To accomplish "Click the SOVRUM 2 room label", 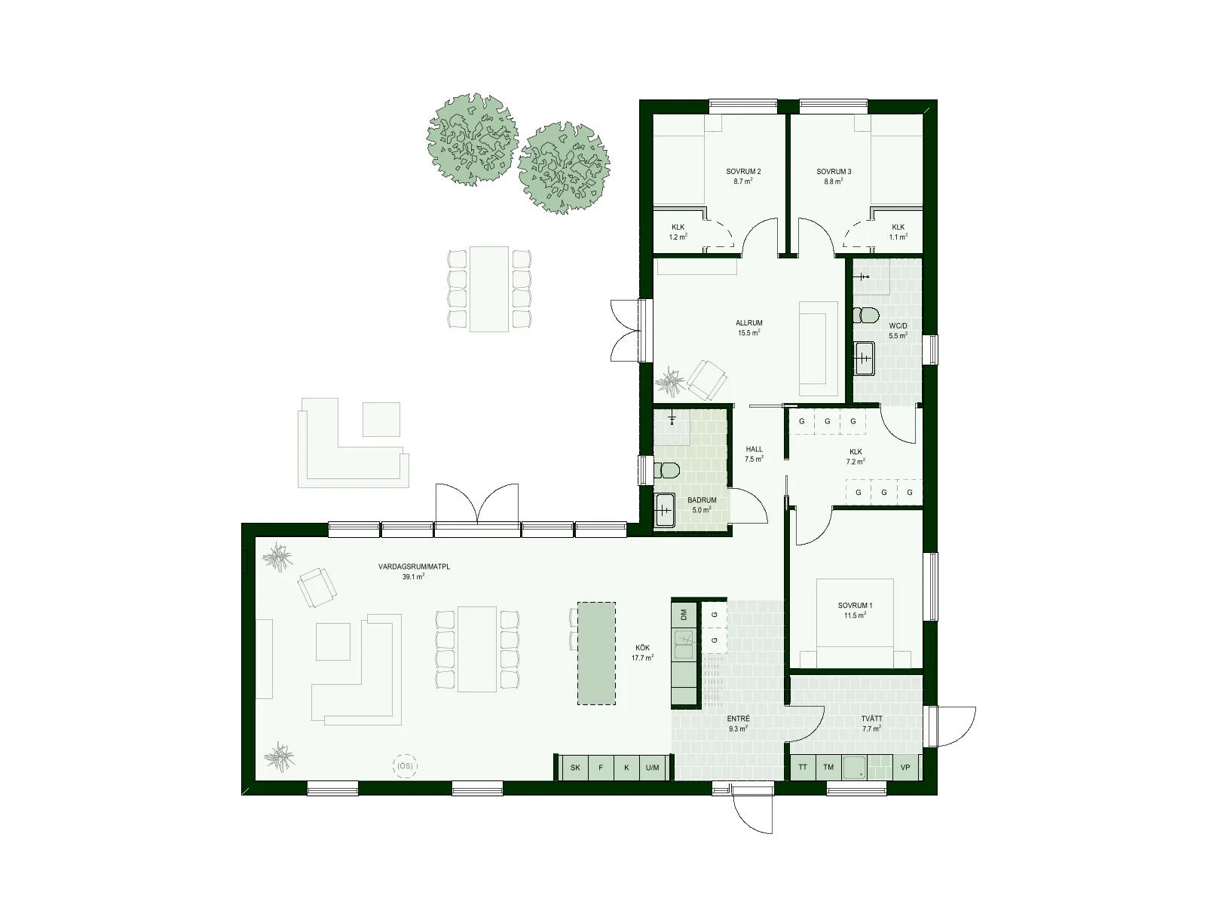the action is point(743,172).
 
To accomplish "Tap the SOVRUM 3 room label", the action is point(834,172).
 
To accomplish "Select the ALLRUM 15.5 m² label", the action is point(749,328).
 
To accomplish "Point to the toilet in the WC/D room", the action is point(866,315).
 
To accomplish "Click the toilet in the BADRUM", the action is point(666,470).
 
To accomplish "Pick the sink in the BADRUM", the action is point(664,511).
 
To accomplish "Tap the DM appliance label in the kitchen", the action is point(684,615).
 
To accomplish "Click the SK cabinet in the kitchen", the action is point(574,768).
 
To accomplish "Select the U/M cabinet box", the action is point(653,768).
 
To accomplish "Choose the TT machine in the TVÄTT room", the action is point(803,768).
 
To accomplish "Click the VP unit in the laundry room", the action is point(905,768).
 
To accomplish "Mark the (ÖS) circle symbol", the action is point(406,766).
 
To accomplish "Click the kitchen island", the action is point(596,653).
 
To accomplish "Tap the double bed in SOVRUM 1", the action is point(855,622).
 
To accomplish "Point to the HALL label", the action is point(754,450).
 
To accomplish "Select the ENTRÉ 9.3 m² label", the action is point(739,724).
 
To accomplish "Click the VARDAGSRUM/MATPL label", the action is point(414,567).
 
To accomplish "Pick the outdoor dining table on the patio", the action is point(489,289).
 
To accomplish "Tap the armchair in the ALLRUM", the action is point(707,380).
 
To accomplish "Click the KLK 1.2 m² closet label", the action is point(678,232).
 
